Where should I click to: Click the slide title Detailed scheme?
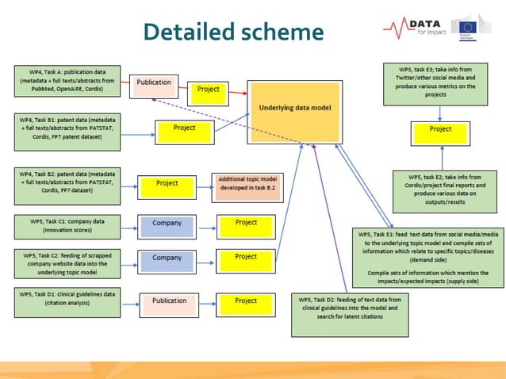point(234,32)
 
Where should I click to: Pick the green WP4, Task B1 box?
point(67,128)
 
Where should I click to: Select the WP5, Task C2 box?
point(67,262)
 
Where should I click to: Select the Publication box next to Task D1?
point(169,302)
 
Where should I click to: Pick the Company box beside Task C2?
point(167,260)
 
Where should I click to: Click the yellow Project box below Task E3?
point(441,132)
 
